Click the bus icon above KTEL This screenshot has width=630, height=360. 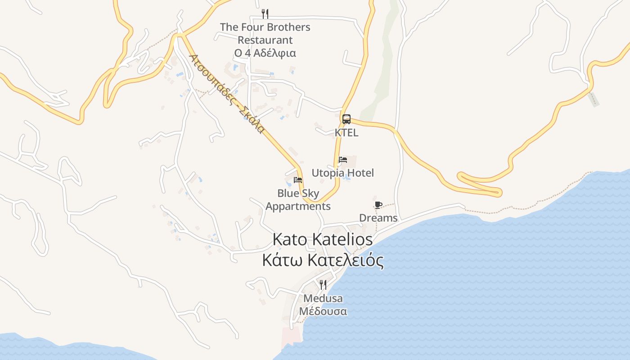pyautogui.click(x=346, y=119)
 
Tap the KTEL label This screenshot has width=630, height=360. pyautogui.click(x=346, y=133)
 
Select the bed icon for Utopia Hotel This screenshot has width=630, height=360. pyautogui.click(x=343, y=160)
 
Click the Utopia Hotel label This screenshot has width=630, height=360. pyautogui.click(x=343, y=173)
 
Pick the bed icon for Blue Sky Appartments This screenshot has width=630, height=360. pyautogui.click(x=298, y=180)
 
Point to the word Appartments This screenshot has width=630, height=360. pyautogui.click(x=298, y=207)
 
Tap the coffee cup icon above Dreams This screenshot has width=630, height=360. pyautogui.click(x=378, y=205)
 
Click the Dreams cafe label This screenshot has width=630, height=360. pyautogui.click(x=378, y=218)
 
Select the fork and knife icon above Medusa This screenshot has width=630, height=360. pyautogui.click(x=323, y=284)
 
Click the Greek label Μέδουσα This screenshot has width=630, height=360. pyautogui.click(x=323, y=311)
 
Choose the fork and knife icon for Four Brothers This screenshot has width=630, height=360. pyautogui.click(x=265, y=14)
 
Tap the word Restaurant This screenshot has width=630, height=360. pyautogui.click(x=265, y=40)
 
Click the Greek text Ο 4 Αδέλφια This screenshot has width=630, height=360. pyautogui.click(x=265, y=53)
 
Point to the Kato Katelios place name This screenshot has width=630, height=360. pyautogui.click(x=323, y=240)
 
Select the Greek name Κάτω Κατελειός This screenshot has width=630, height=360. pyautogui.click(x=323, y=261)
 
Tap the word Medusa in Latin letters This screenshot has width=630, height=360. pyautogui.click(x=323, y=298)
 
